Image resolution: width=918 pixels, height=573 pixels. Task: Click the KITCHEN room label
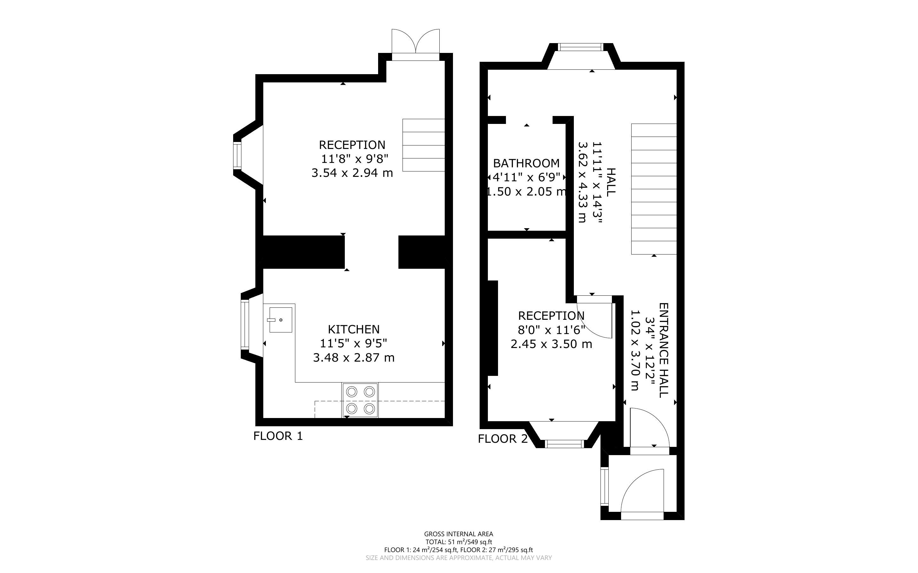(x=353, y=329)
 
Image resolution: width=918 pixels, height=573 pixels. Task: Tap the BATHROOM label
(x=526, y=163)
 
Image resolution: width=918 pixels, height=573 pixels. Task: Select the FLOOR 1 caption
(x=278, y=436)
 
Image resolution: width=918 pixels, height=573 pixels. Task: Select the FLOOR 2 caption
(x=502, y=439)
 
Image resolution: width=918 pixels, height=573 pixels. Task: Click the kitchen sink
(x=281, y=320)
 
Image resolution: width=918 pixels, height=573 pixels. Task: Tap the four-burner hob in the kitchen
(x=360, y=400)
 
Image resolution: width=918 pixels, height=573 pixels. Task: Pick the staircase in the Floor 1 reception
(x=423, y=145)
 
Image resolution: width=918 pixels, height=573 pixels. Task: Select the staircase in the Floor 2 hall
(x=654, y=189)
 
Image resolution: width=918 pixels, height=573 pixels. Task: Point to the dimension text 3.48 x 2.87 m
(x=354, y=358)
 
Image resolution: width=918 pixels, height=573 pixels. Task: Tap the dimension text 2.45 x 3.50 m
(x=551, y=344)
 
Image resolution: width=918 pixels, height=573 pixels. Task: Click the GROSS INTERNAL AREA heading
(x=458, y=534)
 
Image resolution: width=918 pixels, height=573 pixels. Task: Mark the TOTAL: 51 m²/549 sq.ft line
(x=458, y=542)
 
